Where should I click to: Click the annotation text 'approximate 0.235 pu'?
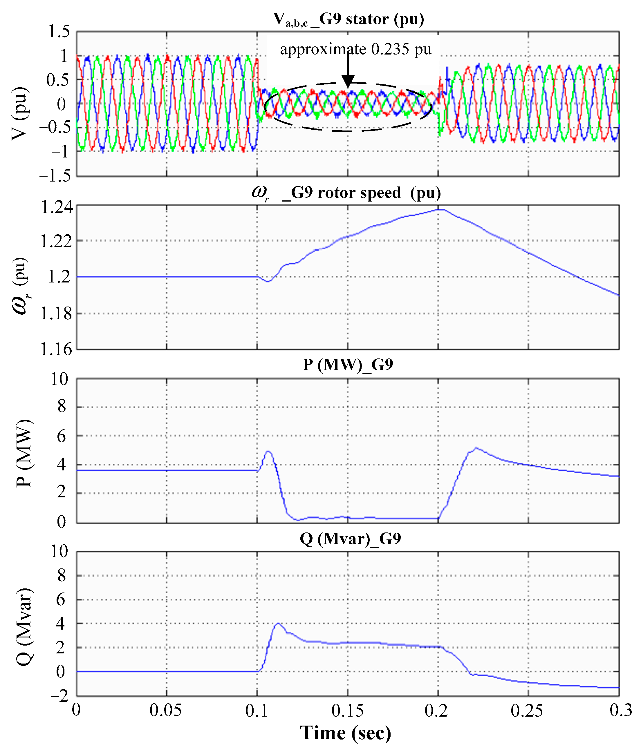click(x=355, y=49)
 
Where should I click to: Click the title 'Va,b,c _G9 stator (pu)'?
click(x=348, y=19)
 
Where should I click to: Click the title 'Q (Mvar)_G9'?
click(x=350, y=538)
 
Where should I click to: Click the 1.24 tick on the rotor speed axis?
click(x=57, y=208)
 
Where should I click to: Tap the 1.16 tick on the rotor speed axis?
click(x=57, y=349)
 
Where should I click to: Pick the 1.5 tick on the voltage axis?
click(x=59, y=32)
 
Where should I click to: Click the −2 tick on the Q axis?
click(x=59, y=696)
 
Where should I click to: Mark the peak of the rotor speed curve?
click(x=440, y=209)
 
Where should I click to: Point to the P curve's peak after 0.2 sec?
click(x=476, y=448)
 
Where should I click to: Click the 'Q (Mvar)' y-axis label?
click(x=25, y=626)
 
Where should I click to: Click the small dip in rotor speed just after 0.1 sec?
click(x=268, y=281)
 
